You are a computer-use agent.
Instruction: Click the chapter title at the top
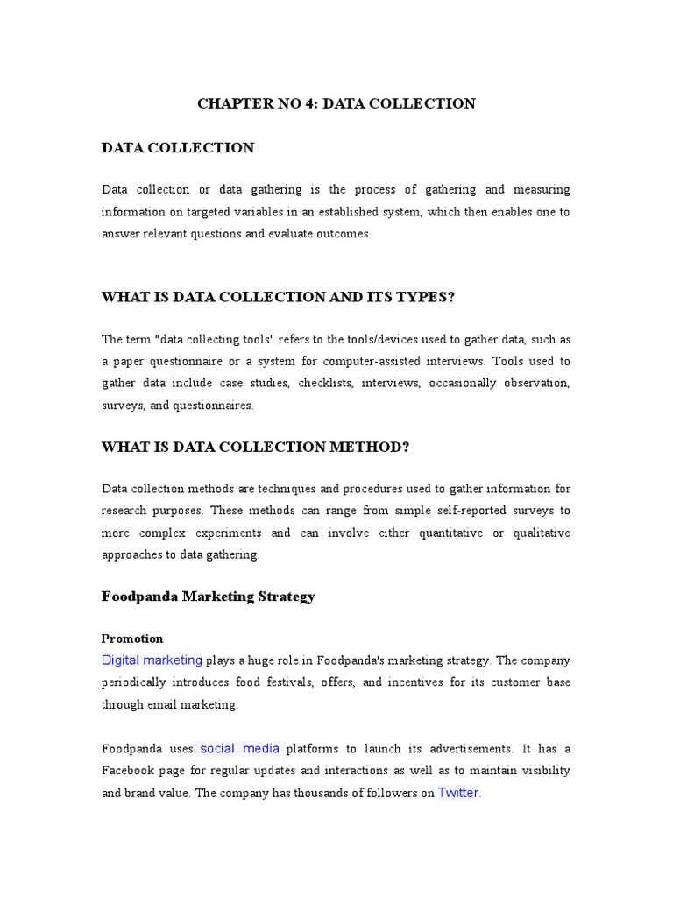click(x=336, y=103)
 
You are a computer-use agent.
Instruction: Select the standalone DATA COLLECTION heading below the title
click(x=178, y=148)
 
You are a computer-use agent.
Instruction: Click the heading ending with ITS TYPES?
click(x=279, y=297)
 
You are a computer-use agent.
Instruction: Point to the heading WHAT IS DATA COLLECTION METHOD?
click(x=256, y=447)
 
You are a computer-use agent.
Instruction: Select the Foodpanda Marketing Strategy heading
click(x=209, y=597)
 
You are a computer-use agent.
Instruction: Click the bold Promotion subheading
click(x=132, y=639)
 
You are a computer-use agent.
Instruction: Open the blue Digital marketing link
click(x=152, y=660)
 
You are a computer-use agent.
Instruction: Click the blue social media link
click(x=240, y=748)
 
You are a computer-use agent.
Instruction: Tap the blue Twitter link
click(x=458, y=793)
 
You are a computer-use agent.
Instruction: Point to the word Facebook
click(x=131, y=771)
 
